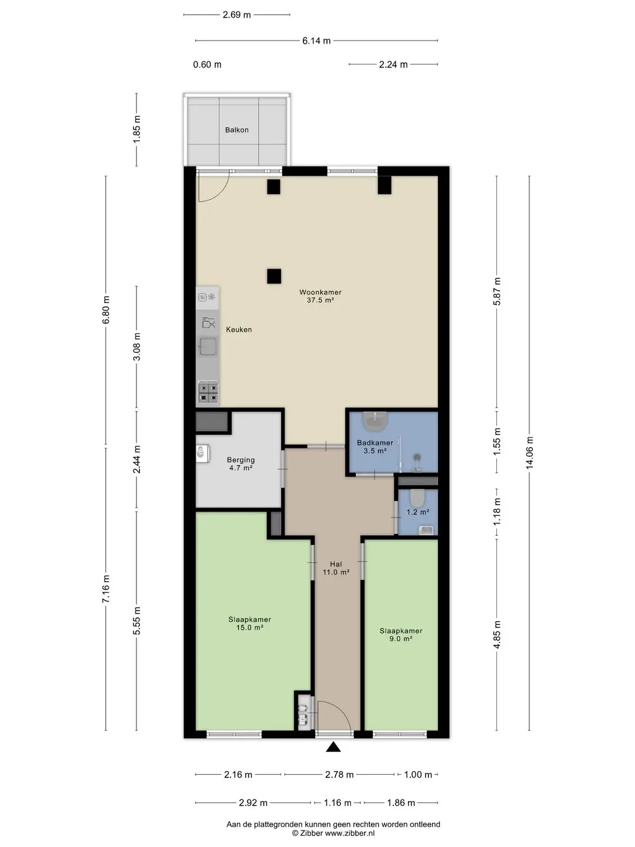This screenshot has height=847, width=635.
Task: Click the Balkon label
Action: click(x=237, y=130)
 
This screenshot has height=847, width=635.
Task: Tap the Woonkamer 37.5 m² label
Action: click(x=320, y=296)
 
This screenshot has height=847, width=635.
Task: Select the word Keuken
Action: click(x=239, y=329)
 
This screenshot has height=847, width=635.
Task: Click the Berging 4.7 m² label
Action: click(x=240, y=464)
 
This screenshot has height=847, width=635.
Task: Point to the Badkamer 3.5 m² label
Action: click(x=375, y=446)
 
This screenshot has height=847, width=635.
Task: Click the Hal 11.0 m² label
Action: click(x=336, y=568)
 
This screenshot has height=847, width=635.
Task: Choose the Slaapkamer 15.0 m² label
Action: click(x=249, y=623)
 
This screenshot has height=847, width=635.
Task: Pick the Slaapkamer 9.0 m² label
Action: click(x=400, y=635)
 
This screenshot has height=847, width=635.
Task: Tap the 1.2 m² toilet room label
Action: click(x=418, y=512)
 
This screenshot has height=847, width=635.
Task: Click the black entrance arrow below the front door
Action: click(x=333, y=747)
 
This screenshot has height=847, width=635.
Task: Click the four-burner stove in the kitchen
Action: click(x=208, y=392)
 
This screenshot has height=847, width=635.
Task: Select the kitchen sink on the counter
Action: click(x=208, y=346)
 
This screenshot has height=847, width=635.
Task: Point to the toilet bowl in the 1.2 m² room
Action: click(x=417, y=498)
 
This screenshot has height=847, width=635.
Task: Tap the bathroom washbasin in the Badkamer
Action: click(x=375, y=421)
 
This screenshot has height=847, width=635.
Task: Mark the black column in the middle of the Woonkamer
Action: click(x=274, y=276)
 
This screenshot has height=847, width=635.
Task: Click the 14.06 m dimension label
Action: click(x=529, y=453)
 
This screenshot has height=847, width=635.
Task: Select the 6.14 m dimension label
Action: click(x=316, y=41)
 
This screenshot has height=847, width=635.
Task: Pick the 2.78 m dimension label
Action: click(x=339, y=774)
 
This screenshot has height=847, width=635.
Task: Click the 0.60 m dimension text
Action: click(x=207, y=65)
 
